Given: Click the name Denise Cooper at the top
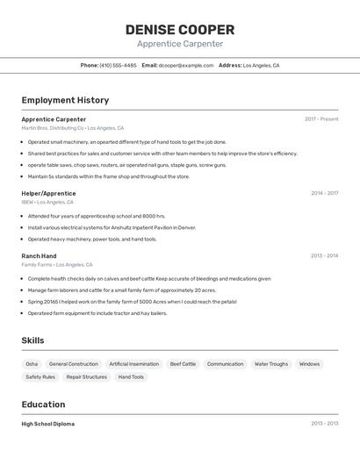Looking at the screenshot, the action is point(179,30).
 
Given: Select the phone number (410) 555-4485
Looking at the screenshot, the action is point(118,65).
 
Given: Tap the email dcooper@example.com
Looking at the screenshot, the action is point(186,65).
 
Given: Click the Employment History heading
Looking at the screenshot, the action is point(65,100).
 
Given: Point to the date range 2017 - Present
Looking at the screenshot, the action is point(321,119).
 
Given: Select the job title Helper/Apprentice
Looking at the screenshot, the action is point(48,193).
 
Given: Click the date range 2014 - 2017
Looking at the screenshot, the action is point(324,193).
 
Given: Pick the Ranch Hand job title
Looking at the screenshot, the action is point(39,256).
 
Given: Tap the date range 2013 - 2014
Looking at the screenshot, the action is point(324,256).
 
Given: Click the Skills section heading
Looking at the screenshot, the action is point(32,340).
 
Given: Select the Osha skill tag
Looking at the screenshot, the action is point(32,364).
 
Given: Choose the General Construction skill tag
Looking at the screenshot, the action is point(74,364).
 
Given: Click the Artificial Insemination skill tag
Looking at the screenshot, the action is point(134,364).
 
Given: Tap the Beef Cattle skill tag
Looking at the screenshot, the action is point(183,364).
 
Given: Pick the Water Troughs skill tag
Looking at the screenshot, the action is point(271,364).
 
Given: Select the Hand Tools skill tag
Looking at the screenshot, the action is point(131,377).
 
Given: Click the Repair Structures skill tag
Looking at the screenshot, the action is point(87,377).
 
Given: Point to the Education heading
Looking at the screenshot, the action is point(43,404).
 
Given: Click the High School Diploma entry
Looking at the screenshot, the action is point(48,424).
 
